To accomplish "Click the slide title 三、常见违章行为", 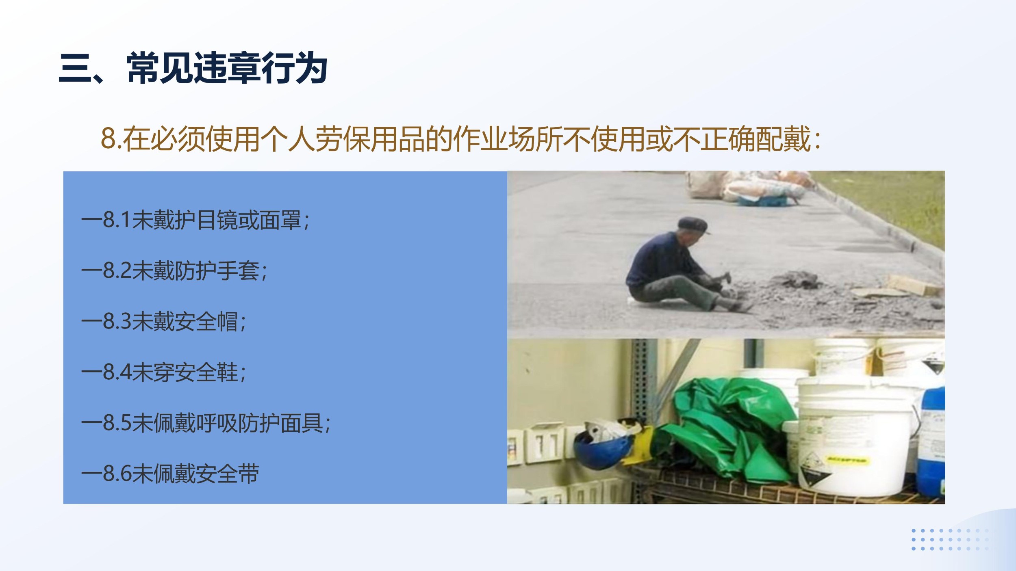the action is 193,68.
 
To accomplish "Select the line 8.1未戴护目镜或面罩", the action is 195,221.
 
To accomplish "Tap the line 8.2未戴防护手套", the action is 174,271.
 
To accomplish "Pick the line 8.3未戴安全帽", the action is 164,322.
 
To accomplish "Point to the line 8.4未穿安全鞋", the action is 164,372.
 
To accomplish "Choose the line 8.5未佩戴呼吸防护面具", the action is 206,423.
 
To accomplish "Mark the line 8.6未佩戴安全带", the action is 170,474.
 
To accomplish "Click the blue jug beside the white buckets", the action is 932,443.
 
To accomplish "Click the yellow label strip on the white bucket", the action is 847,461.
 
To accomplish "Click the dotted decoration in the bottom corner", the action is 950,539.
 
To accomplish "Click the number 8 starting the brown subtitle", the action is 109,139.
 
